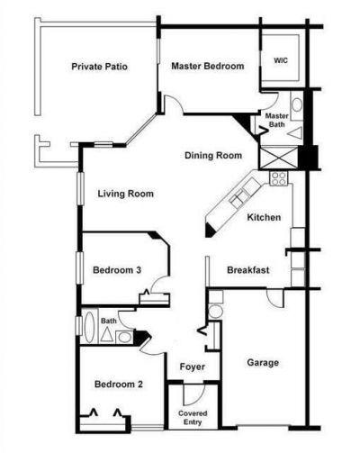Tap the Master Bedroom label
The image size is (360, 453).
pos(208,65)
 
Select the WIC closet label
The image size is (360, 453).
pos(281,61)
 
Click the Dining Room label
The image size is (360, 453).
pos(214,156)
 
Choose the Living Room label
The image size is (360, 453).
pos(125,193)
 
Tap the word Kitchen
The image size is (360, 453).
pos(264,217)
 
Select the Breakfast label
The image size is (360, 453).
pos(249,269)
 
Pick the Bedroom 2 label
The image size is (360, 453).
pos(120,385)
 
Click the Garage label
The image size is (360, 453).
pos(263,363)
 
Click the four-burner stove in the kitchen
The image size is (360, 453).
pos(278,177)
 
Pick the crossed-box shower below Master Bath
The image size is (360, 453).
pos(271,158)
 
